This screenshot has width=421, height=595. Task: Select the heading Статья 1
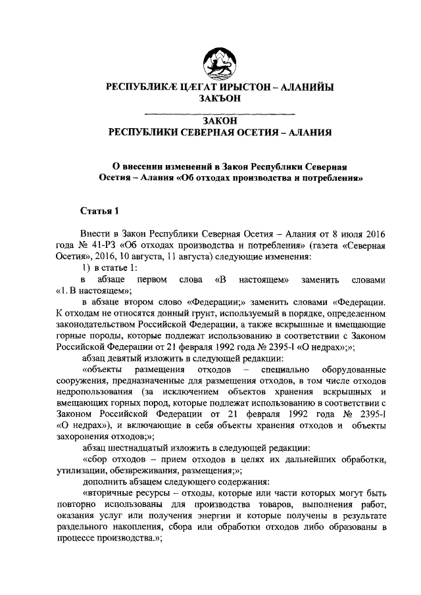pos(99,211)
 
